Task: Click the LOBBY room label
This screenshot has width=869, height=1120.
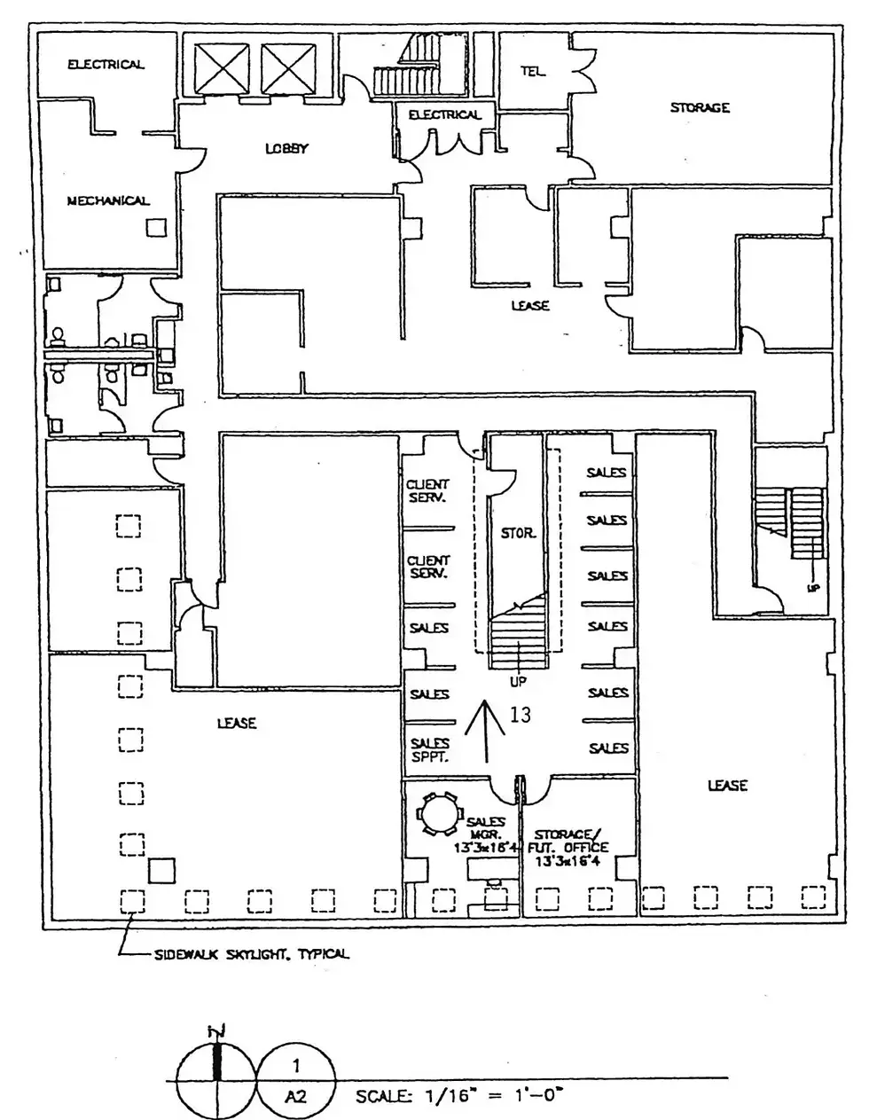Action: pyautogui.click(x=286, y=148)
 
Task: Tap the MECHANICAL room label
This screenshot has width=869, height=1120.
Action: pyautogui.click(x=108, y=200)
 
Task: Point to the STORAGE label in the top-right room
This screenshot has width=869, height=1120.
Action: pyautogui.click(x=700, y=107)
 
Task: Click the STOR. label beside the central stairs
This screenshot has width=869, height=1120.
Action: pyautogui.click(x=518, y=533)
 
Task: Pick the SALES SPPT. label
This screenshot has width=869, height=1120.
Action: pyautogui.click(x=429, y=750)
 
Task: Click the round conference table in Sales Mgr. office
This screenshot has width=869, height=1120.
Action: pyautogui.click(x=440, y=813)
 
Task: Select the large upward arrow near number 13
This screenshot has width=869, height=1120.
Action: pyautogui.click(x=487, y=729)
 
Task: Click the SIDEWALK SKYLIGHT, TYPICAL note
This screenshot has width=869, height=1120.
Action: pyautogui.click(x=251, y=954)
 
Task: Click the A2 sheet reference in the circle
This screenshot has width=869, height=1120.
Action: pyautogui.click(x=295, y=1096)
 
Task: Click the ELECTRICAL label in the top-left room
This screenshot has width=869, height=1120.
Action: pyautogui.click(x=106, y=64)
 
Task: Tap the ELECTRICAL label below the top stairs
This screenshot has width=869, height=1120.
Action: pyautogui.click(x=444, y=114)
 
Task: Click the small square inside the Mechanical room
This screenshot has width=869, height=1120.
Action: pyautogui.click(x=156, y=228)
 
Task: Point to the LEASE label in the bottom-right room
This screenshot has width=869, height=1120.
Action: pyautogui.click(x=727, y=785)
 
